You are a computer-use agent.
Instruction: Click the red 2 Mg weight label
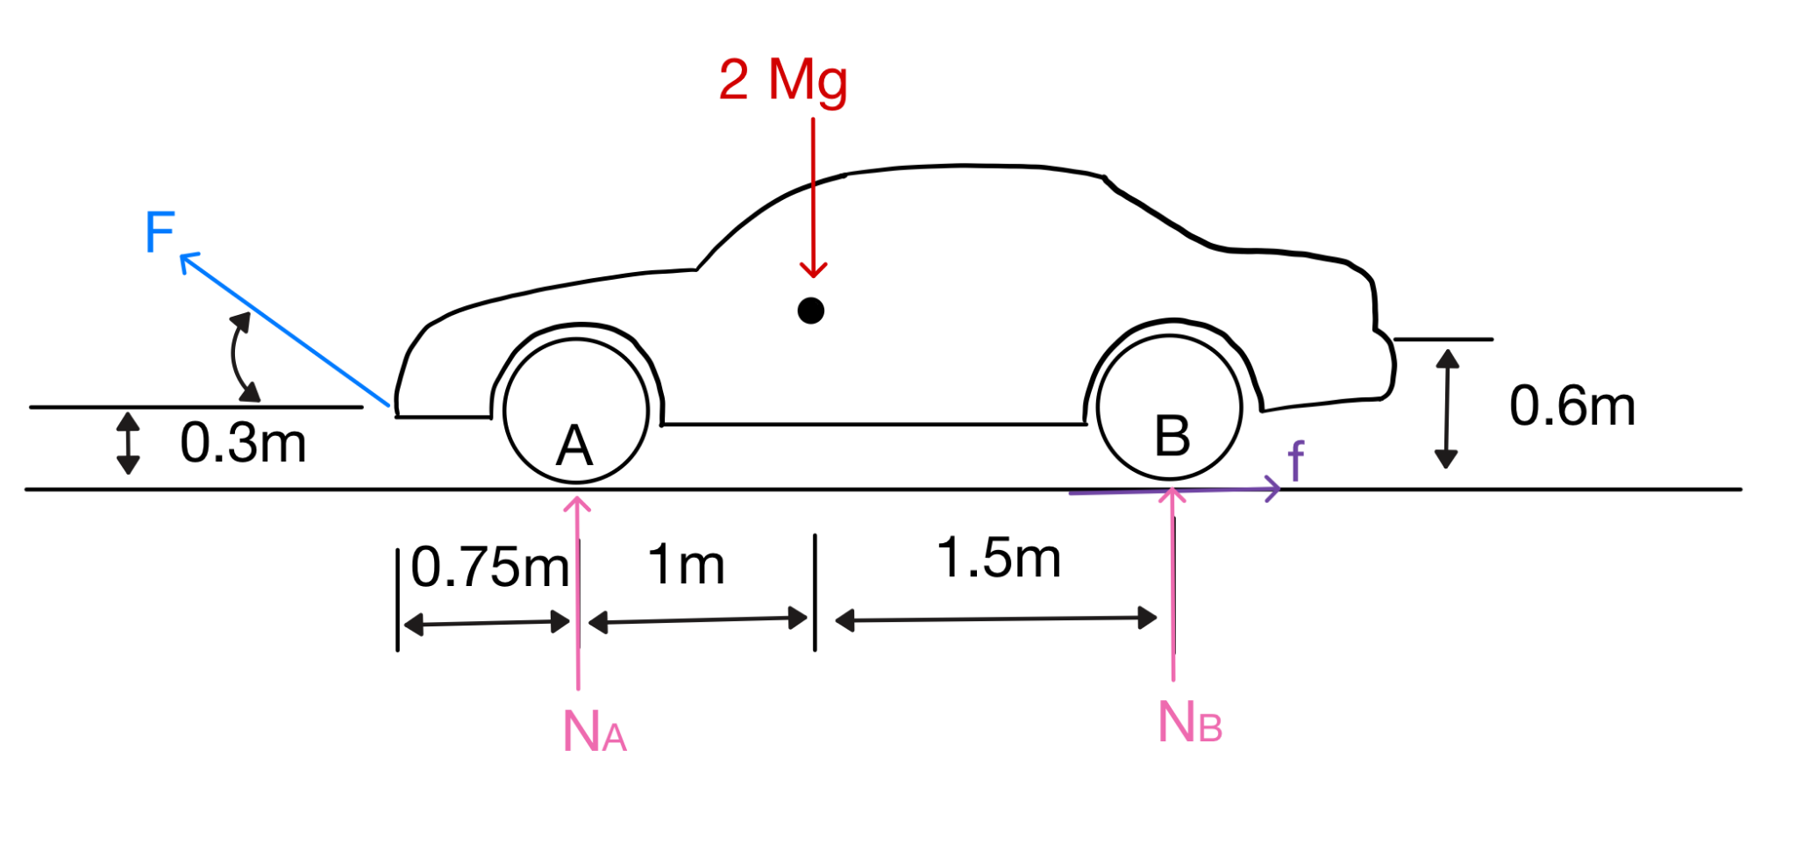[783, 80]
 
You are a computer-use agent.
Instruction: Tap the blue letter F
[160, 232]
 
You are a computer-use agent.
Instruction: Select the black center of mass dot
[810, 311]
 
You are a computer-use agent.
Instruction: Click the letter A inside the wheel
[574, 446]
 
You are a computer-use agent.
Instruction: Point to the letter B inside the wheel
[1172, 436]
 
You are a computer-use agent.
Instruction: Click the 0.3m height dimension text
[243, 443]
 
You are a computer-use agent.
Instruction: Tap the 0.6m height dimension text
[1572, 406]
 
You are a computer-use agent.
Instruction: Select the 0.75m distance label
[490, 567]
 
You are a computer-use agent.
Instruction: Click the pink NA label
[595, 731]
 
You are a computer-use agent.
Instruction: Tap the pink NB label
[1190, 723]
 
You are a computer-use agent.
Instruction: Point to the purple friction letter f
[1295, 461]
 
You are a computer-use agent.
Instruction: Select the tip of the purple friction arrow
[1279, 489]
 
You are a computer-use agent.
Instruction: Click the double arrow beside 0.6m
[1446, 408]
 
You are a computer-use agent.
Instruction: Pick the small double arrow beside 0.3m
[128, 443]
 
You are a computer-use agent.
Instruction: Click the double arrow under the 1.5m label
[996, 619]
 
